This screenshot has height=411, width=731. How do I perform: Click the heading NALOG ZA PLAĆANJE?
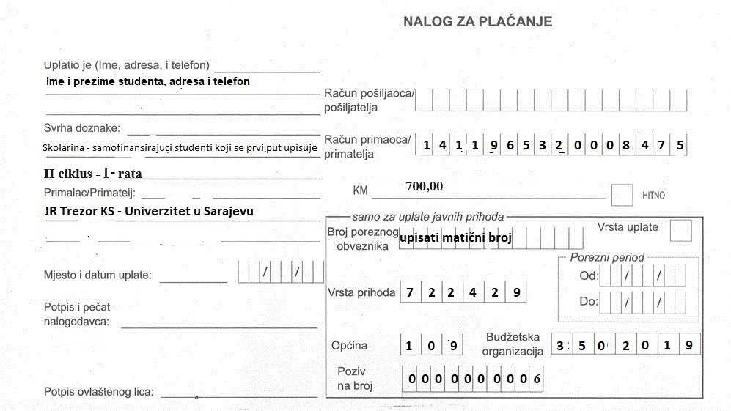477,22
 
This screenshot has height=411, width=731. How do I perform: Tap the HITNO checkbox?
622,195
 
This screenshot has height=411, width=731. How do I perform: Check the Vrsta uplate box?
680,231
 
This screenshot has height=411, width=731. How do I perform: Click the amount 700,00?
425,186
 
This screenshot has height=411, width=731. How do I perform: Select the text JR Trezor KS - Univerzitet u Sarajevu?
149,211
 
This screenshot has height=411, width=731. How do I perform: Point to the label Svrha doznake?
81,128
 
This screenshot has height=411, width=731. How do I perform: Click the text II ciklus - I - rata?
93,174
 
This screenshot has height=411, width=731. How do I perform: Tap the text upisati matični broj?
455,237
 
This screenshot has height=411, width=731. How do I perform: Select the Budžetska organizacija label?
513,344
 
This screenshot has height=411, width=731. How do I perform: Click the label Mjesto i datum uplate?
98,275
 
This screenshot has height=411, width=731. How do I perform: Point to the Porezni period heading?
607,257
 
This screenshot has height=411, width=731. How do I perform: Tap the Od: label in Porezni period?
589,277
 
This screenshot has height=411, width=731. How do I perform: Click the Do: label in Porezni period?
589,301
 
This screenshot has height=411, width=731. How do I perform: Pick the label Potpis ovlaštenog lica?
98,392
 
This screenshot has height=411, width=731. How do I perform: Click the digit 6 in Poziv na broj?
537,379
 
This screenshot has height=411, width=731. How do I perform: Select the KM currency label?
360,190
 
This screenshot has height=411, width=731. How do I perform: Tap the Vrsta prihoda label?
361,293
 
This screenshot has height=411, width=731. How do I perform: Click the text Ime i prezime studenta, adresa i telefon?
147,81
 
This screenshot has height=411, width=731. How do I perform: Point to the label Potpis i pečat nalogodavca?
76,314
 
